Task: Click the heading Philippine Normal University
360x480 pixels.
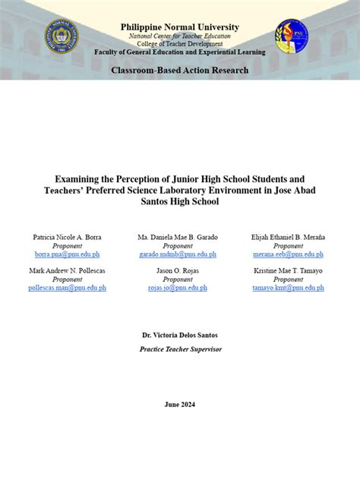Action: (180, 27)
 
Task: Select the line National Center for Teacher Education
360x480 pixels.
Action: (180, 36)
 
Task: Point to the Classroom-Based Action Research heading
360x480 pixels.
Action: (180, 70)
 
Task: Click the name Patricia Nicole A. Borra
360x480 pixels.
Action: (67, 237)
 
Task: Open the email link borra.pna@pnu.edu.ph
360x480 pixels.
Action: (67, 254)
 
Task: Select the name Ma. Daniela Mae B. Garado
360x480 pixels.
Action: (178, 237)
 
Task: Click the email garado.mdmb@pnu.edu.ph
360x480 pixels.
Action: (178, 254)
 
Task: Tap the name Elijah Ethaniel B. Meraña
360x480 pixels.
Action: (288, 237)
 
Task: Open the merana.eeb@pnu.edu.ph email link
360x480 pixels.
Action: (288, 254)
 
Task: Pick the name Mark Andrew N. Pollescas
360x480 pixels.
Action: (67, 270)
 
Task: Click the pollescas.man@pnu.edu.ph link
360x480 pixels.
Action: (67, 288)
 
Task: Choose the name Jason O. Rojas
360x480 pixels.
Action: (178, 270)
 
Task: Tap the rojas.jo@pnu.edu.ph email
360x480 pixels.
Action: (178, 288)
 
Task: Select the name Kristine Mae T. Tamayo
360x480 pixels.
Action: (288, 270)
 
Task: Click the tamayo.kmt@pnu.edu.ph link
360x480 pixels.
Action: (288, 288)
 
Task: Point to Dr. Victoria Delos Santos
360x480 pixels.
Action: (180, 335)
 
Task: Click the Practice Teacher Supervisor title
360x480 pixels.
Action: (180, 349)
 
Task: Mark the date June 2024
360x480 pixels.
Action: (180, 404)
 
